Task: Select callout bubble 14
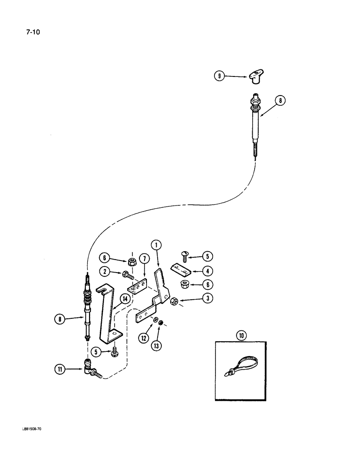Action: click(x=125, y=298)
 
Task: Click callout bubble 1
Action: click(x=156, y=244)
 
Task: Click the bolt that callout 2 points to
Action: click(x=128, y=275)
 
